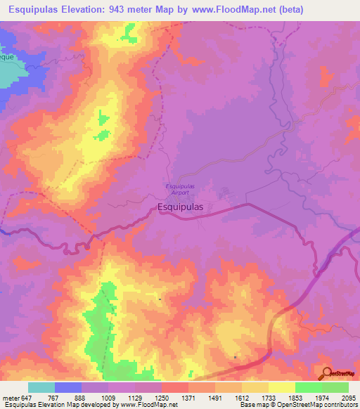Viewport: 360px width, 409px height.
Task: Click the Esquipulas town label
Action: pos(181,207)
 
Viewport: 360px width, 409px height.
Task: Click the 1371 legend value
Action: pos(188,398)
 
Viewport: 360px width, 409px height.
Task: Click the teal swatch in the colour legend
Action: pos(41,387)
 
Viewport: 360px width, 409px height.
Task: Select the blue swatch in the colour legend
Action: pos(67,387)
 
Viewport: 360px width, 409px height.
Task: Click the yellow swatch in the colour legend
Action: pos(281,387)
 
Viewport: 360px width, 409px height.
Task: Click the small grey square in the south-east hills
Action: pos(235,357)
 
